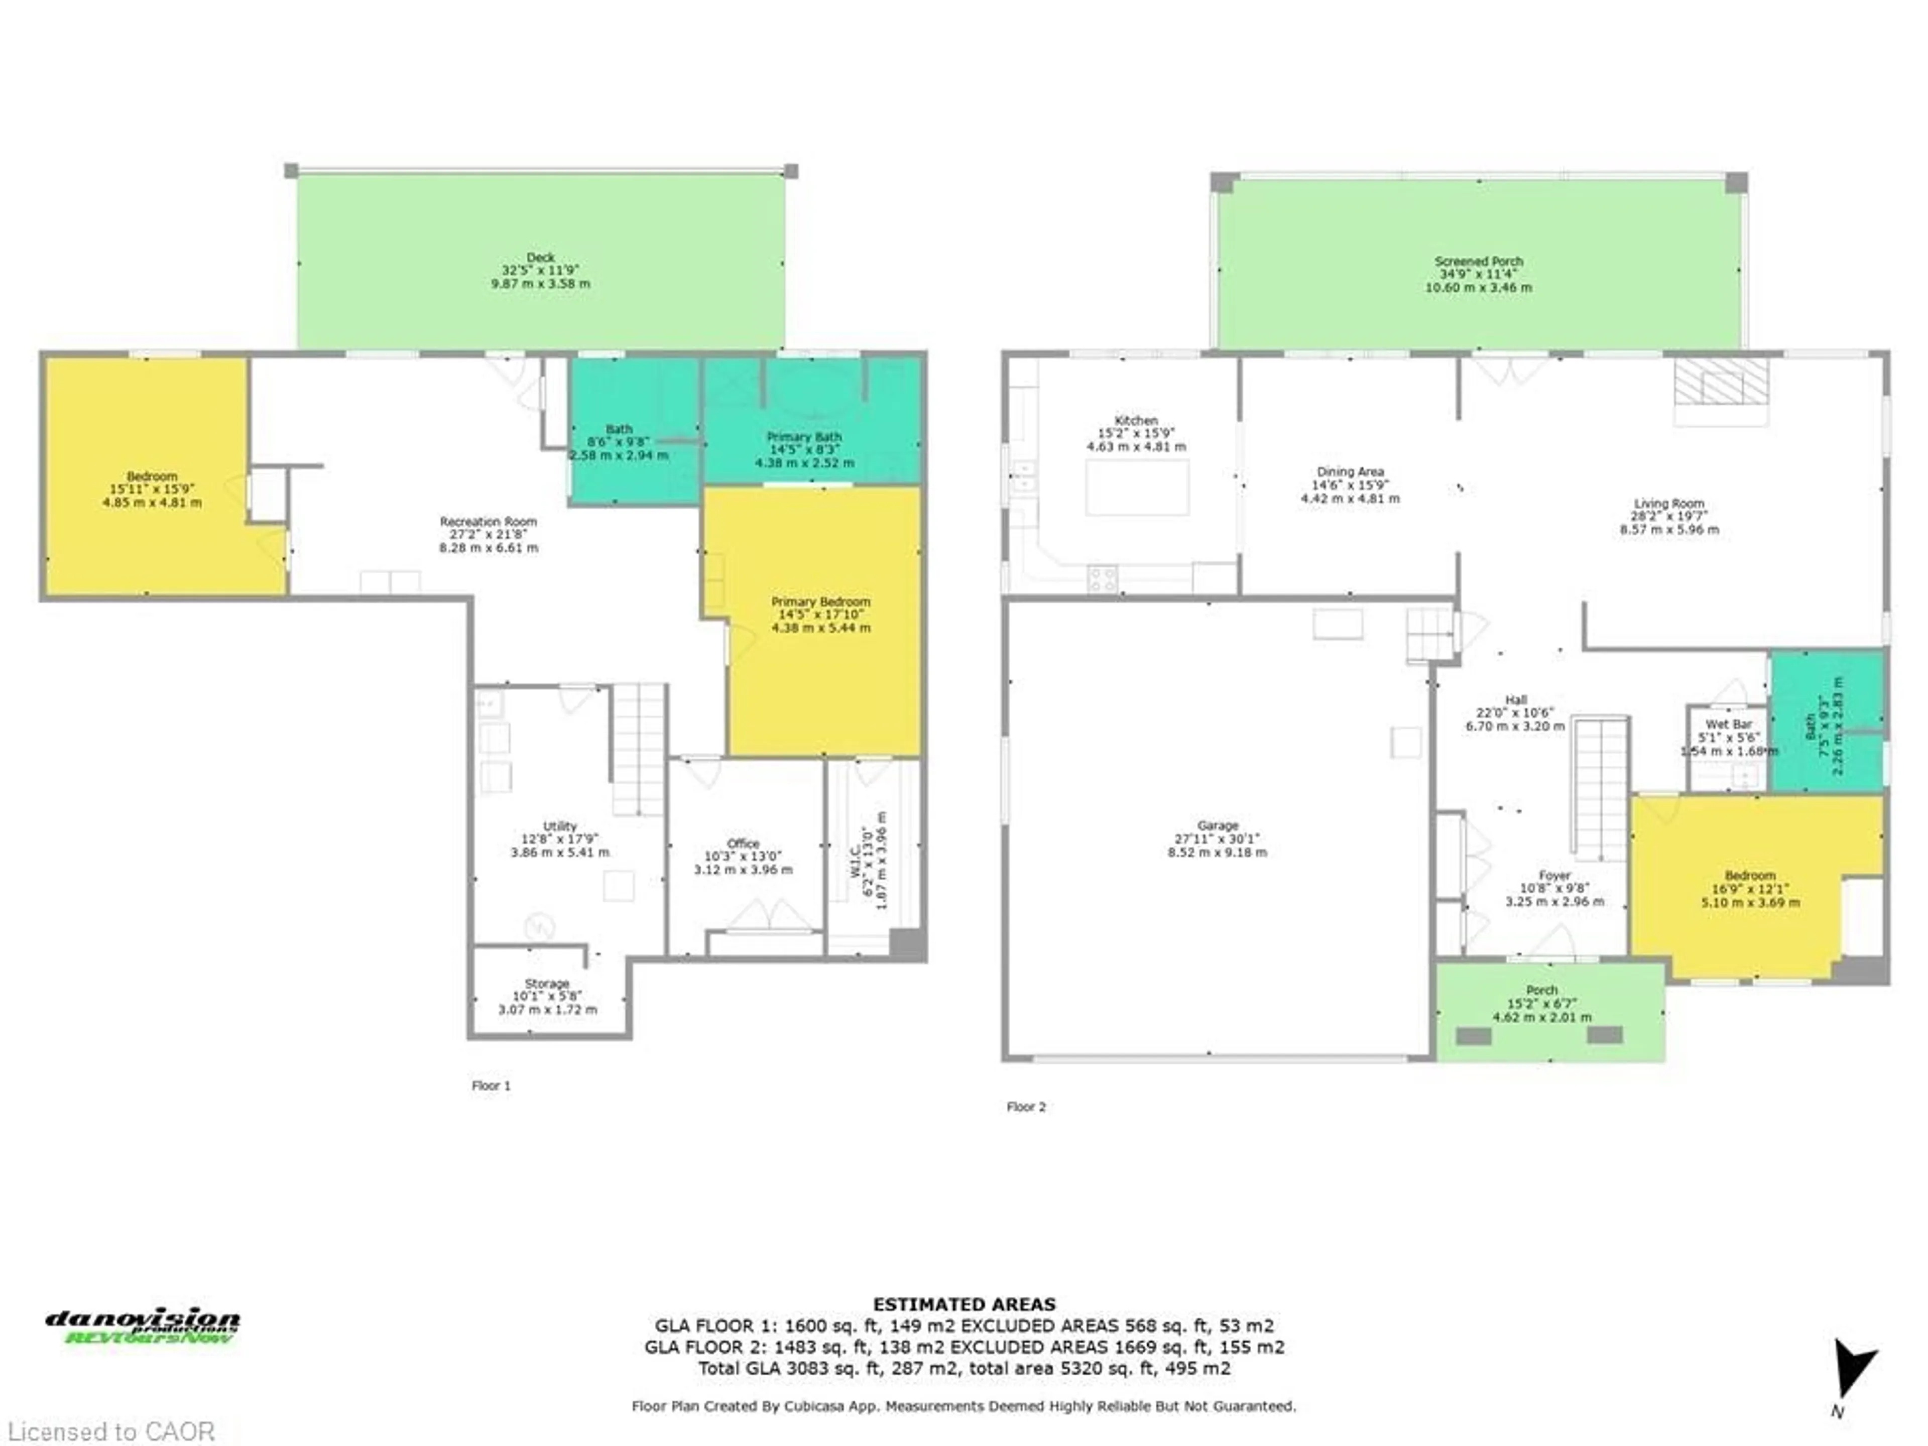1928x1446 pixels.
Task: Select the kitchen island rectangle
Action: pyautogui.click(x=1137, y=487)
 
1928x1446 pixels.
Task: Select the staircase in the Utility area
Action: pyautogui.click(x=639, y=750)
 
